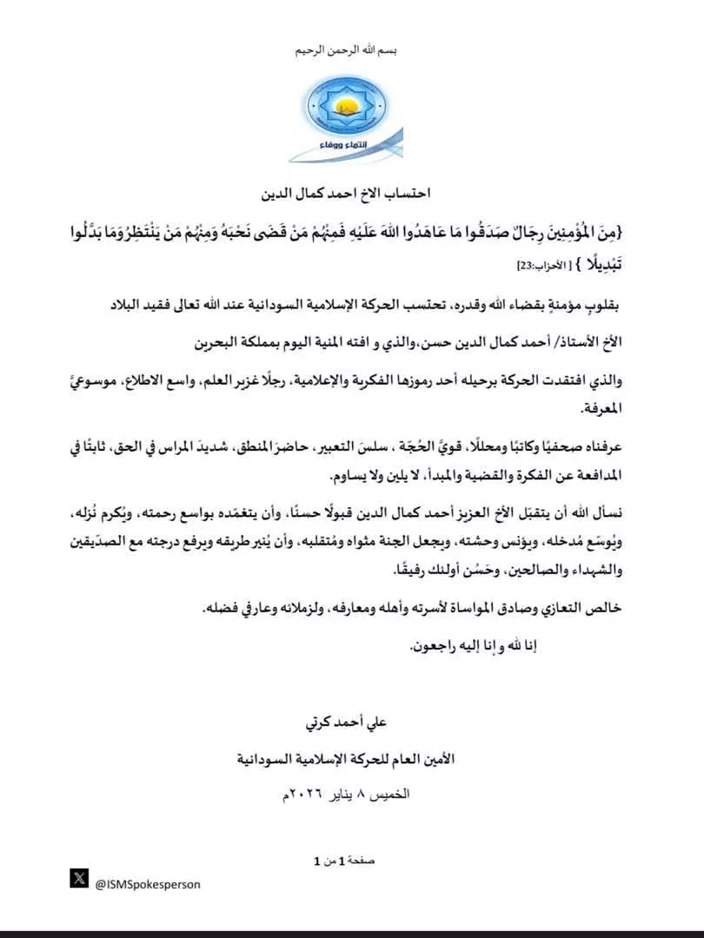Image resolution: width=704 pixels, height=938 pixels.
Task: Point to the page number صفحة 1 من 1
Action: (x=348, y=862)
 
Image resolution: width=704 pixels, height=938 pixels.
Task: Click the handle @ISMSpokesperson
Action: (x=148, y=884)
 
